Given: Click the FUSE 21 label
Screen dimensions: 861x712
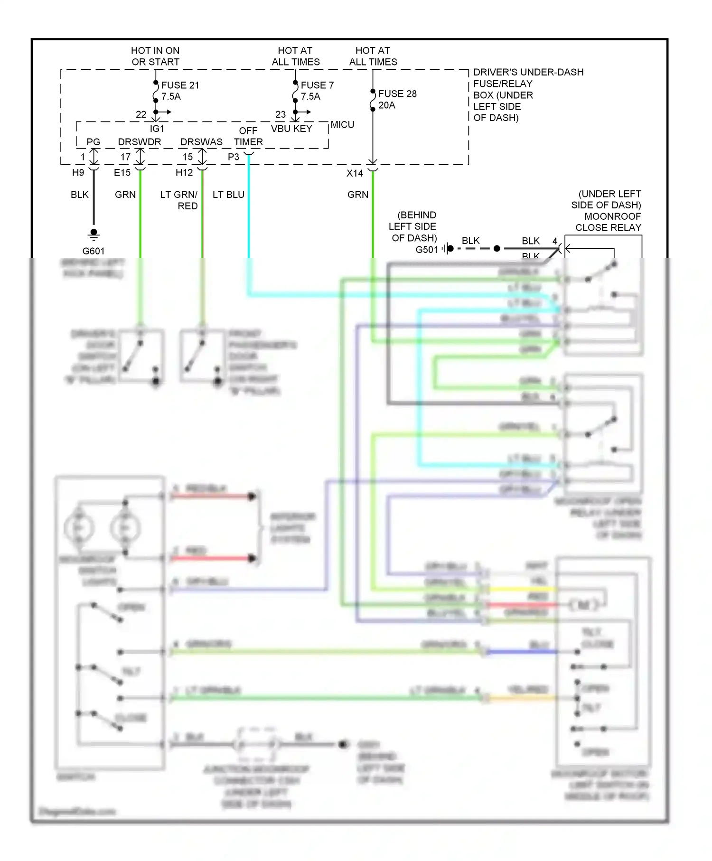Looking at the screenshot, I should coord(180,85).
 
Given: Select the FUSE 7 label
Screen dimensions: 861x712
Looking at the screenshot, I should coord(317,85).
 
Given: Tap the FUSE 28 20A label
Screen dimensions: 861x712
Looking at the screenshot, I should coord(397,99).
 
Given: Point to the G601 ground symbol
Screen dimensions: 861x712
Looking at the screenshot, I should coord(94,234).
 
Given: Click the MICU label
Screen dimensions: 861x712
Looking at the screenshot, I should coord(342,124).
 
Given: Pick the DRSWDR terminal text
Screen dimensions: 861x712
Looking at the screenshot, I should coord(139,142).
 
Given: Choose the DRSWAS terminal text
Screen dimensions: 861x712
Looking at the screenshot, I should coord(201,142).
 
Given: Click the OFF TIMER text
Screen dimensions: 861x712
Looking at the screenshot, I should coord(248,136).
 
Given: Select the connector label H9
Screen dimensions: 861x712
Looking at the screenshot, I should coord(78,173).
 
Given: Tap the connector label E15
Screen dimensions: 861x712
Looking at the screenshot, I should coord(122,173).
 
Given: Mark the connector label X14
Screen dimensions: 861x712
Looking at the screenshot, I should coord(355,173).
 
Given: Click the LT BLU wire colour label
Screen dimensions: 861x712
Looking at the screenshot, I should coord(228,195).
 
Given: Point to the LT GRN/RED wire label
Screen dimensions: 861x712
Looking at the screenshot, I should coord(179,200).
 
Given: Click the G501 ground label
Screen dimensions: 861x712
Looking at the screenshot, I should coord(426,250).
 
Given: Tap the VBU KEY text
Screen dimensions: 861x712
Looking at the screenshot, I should coord(291,129).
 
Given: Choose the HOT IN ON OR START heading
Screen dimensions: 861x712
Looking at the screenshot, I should coord(155,56).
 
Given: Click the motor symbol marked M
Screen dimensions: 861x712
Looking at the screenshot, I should coord(584,605).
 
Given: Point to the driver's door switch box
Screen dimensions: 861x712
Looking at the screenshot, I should coord(141,356).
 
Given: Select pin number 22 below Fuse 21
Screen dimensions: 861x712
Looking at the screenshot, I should coord(141,114).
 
